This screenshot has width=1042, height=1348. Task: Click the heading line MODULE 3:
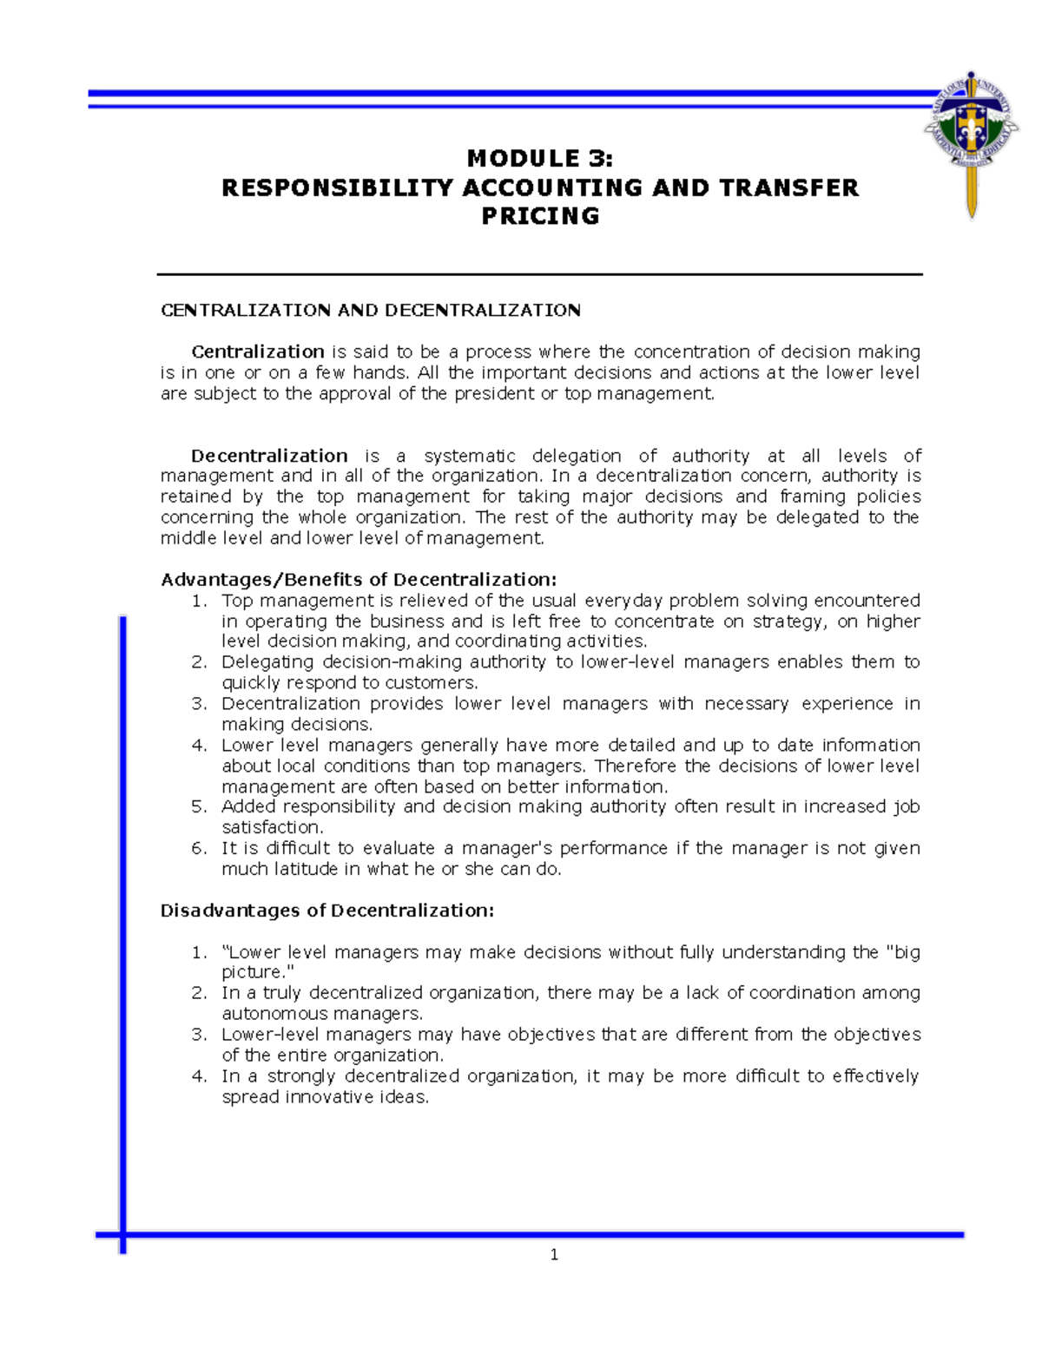(539, 158)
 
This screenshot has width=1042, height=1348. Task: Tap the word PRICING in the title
(540, 216)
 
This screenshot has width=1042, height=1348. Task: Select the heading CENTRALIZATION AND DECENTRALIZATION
(371, 310)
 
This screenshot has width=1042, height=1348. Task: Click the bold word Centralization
(258, 352)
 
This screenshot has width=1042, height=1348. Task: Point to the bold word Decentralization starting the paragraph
(269, 456)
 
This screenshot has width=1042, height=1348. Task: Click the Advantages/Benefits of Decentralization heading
(359, 579)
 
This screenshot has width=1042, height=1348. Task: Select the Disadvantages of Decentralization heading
(327, 911)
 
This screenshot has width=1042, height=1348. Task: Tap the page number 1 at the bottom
(554, 1254)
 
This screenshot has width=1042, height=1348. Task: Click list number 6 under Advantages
(199, 848)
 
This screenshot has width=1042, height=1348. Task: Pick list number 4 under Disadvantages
(199, 1076)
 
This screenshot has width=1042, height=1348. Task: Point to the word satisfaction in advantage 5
(270, 828)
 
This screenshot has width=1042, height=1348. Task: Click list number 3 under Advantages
(199, 704)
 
